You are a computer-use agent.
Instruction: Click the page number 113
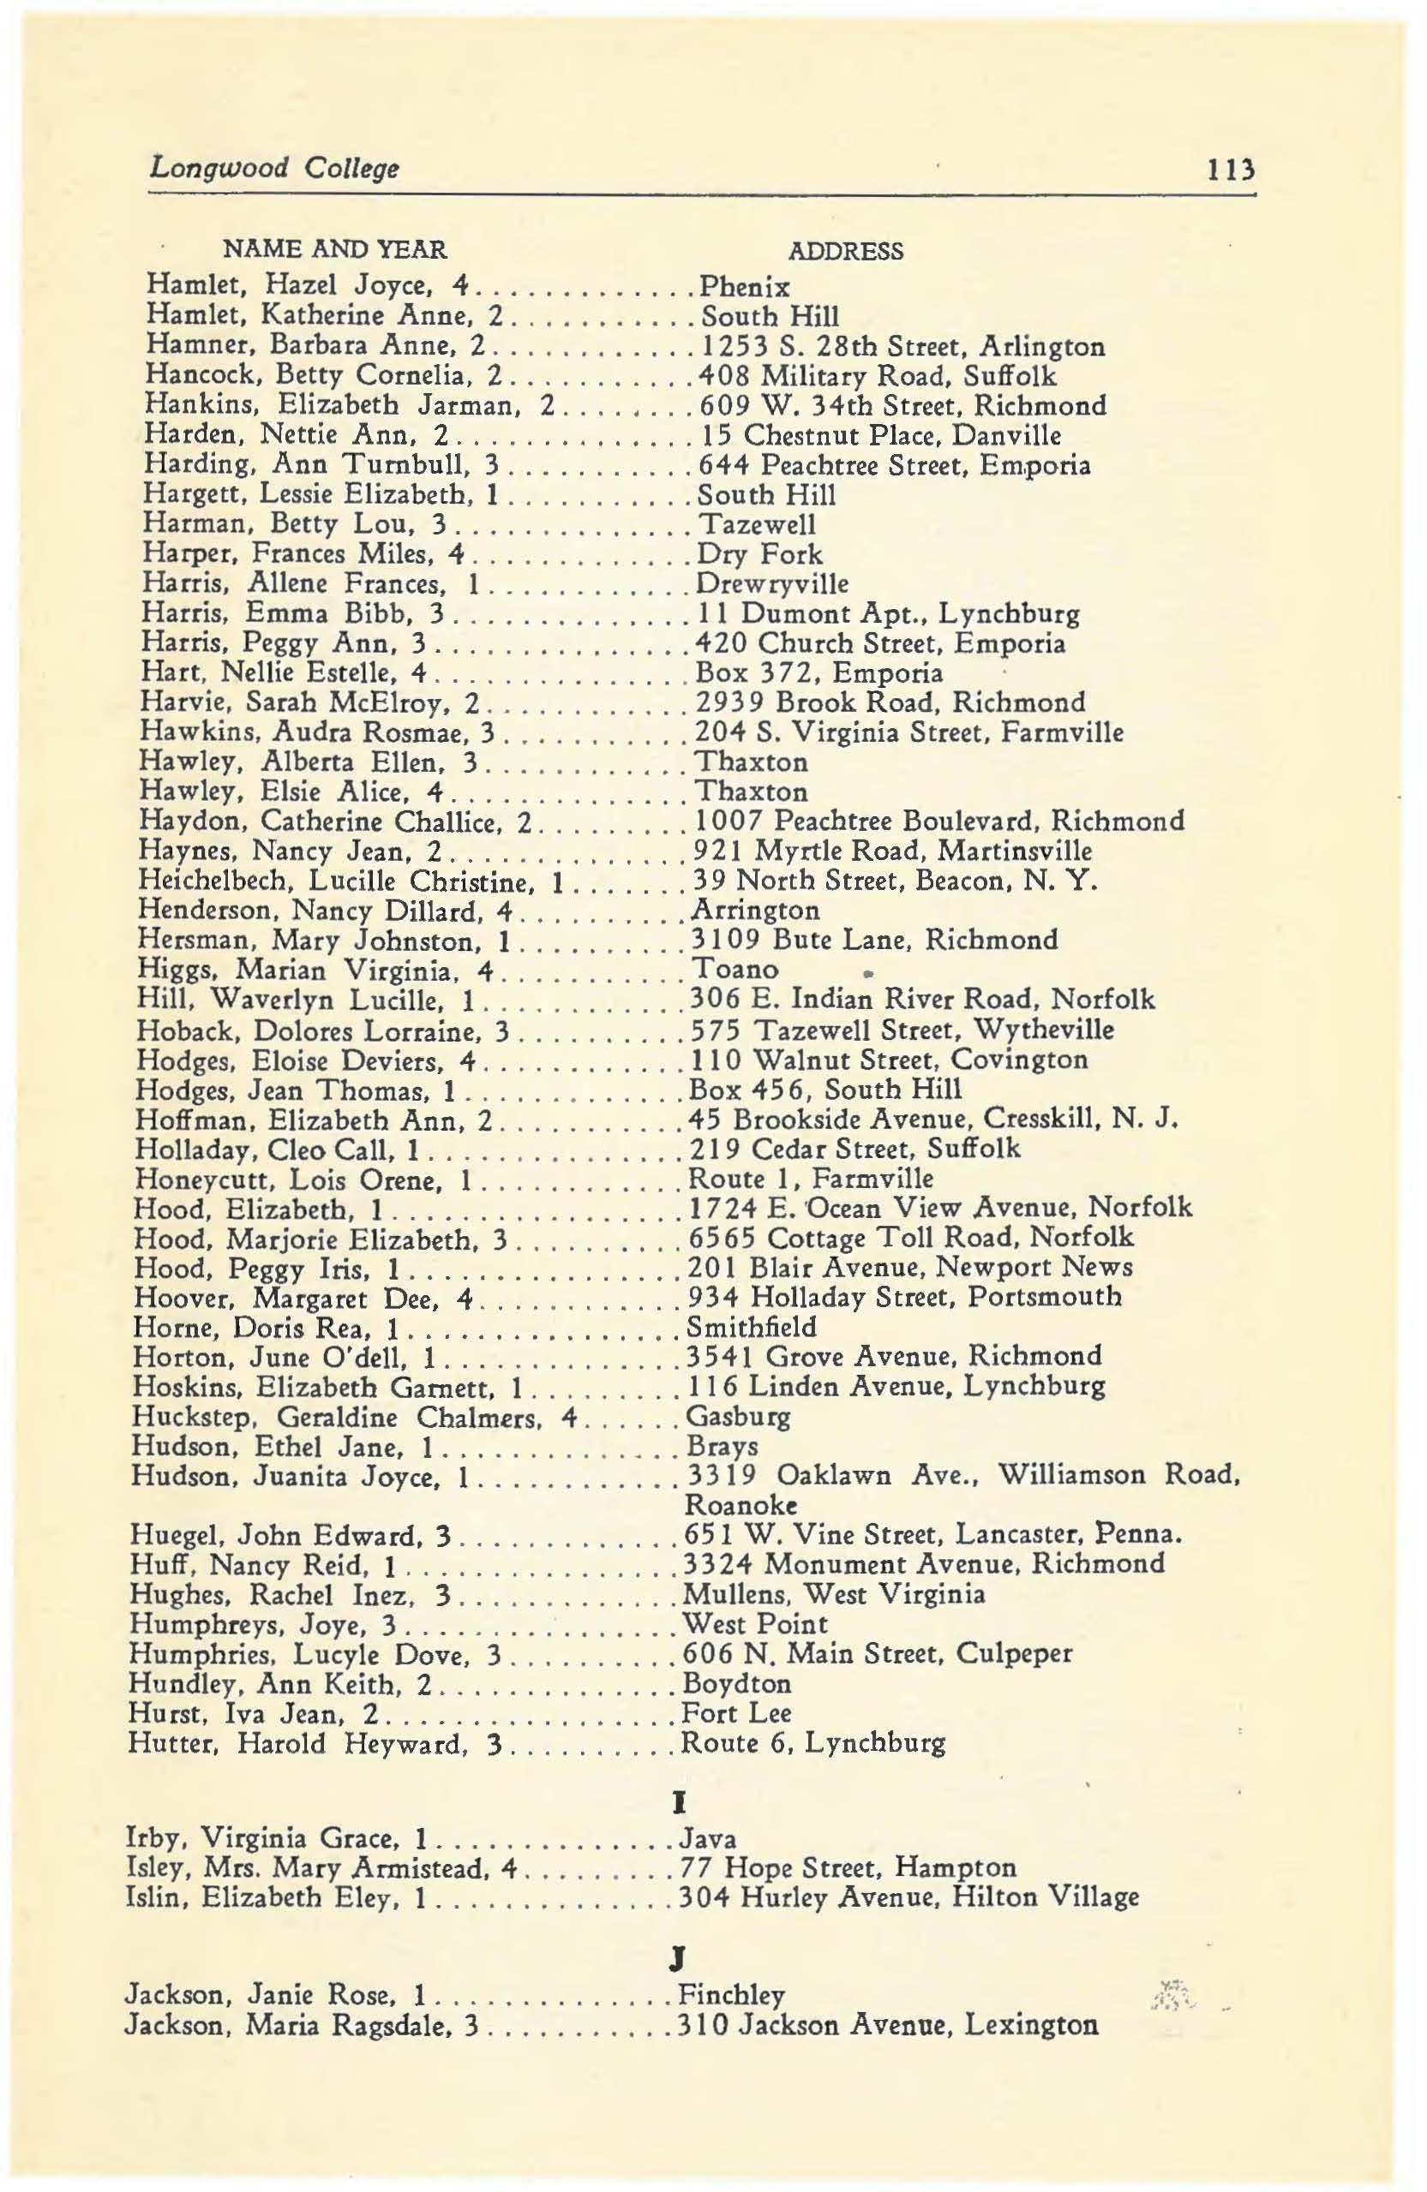click(1231, 170)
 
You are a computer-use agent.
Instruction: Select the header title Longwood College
click(273, 169)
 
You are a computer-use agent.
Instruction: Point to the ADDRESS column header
click(846, 252)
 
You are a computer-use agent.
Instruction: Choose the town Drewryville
click(772, 584)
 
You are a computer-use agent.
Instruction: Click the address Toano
click(734, 969)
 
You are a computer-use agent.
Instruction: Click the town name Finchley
click(731, 1995)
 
